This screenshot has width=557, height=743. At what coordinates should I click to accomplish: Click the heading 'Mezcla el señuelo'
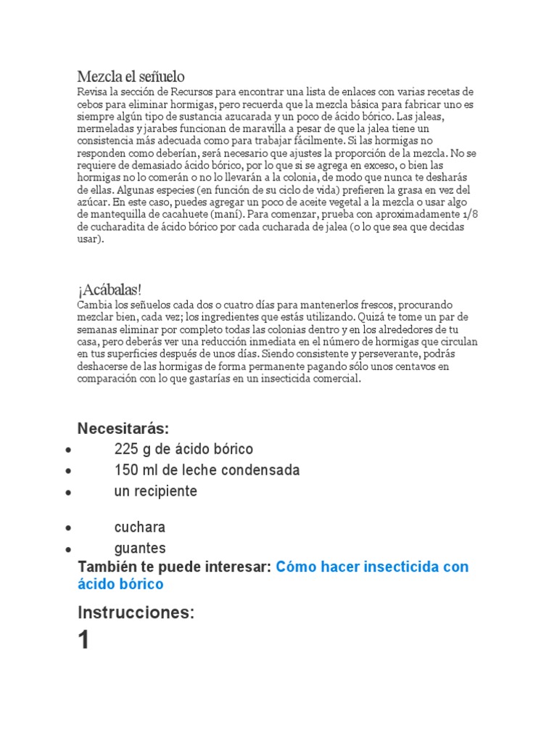tap(131, 76)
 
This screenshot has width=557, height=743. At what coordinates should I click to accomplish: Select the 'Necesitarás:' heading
tap(123, 428)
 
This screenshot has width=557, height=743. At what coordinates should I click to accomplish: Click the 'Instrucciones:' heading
tap(136, 612)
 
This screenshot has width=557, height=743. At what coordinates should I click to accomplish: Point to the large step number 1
tap(84, 641)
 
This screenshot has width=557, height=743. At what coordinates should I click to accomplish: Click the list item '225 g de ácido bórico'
tap(183, 449)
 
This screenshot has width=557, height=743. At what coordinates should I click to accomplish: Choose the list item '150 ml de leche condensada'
tap(207, 470)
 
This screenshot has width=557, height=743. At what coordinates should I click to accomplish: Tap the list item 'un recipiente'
tap(155, 491)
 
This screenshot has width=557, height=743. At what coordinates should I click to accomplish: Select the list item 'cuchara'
tap(140, 527)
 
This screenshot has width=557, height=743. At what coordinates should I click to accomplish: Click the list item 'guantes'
tap(140, 548)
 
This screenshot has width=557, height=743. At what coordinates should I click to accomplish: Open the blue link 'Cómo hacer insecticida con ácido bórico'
tap(372, 567)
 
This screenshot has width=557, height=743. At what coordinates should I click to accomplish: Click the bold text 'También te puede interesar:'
tap(174, 567)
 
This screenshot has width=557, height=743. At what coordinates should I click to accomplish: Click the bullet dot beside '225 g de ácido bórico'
tap(67, 450)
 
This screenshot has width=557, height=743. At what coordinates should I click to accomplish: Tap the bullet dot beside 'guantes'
tap(67, 549)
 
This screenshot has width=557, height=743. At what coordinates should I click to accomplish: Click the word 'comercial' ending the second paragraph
tap(334, 379)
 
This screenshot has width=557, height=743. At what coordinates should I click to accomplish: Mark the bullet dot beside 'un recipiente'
tap(67, 493)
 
